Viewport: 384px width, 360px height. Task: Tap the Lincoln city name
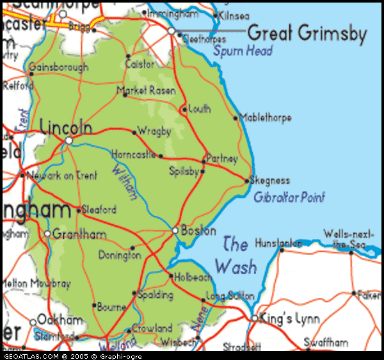66,127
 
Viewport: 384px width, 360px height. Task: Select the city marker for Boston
175,231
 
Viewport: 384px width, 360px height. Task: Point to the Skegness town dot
247,181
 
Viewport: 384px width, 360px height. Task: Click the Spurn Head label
243,51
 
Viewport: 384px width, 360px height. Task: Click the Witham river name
124,183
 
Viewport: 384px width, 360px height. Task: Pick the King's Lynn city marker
254,318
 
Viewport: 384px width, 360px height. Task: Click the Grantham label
79,234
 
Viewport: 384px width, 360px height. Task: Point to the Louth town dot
184,110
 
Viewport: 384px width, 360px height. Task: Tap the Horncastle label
133,154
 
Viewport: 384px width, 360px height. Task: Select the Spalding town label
156,295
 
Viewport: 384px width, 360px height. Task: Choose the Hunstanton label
278,243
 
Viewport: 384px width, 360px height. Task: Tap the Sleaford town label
100,209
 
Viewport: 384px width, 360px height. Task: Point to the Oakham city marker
33,322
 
